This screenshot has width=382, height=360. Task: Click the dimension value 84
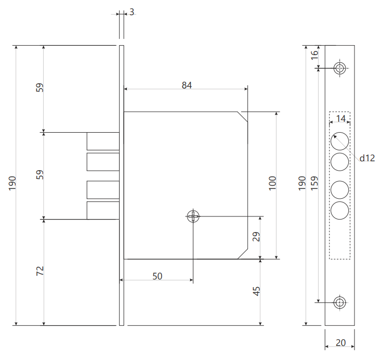coord(187,85)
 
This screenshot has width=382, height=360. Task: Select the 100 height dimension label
coord(273,183)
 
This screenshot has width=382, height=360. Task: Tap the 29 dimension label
coord(256,237)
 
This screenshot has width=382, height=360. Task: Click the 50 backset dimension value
coord(157,276)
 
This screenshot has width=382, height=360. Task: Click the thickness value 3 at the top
coord(131,11)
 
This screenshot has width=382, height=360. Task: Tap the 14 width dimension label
coord(340,119)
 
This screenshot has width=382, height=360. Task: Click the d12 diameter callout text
coord(367,158)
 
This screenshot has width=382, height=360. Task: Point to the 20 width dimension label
coord(340,343)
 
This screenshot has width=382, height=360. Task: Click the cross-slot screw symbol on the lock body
coord(193,216)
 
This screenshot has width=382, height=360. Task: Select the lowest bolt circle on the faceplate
coord(340,211)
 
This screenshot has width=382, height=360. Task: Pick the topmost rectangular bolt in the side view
coord(103,141)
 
